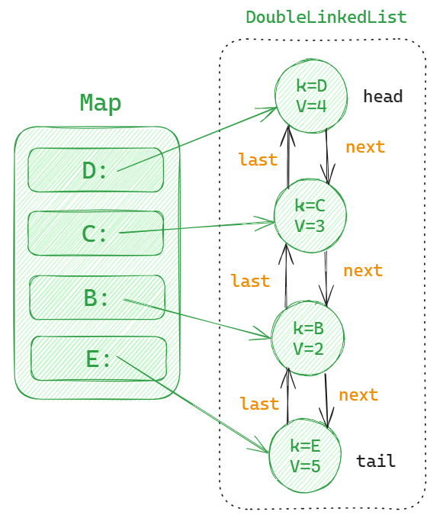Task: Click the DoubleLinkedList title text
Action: [x=326, y=17]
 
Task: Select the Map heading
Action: [x=101, y=103]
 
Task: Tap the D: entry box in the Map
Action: [x=96, y=170]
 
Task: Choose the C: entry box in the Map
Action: [x=95, y=233]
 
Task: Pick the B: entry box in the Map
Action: [x=97, y=297]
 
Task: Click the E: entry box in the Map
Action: [x=98, y=358]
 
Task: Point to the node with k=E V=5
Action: [x=305, y=456]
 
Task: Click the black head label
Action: [x=382, y=96]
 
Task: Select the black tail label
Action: [x=376, y=462]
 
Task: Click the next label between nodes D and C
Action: [x=365, y=147]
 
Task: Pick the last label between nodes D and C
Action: [x=257, y=159]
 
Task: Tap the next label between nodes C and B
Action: [x=363, y=271]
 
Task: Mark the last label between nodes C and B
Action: [x=250, y=282]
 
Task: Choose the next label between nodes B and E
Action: [x=358, y=395]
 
